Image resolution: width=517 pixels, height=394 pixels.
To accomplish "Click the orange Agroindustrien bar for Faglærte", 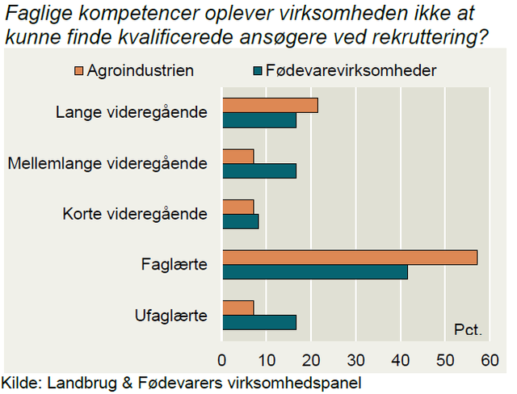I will [350, 258].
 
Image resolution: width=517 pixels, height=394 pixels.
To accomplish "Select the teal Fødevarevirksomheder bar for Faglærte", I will [315, 272].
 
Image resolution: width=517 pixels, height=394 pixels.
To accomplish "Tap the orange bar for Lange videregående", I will [271, 105].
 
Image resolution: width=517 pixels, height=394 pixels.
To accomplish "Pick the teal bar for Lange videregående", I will [259, 120].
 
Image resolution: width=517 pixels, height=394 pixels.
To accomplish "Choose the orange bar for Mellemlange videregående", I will [238, 156].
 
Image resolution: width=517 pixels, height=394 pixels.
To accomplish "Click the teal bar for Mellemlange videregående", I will [259, 170].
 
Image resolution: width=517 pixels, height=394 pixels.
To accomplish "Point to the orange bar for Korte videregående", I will [238, 207].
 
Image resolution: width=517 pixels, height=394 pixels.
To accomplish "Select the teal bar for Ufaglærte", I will [259, 322].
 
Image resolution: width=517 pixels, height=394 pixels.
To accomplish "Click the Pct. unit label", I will [468, 329].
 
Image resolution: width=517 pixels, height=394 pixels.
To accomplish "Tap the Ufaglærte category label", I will [171, 315].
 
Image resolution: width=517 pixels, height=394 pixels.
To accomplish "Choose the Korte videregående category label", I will [135, 214].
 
